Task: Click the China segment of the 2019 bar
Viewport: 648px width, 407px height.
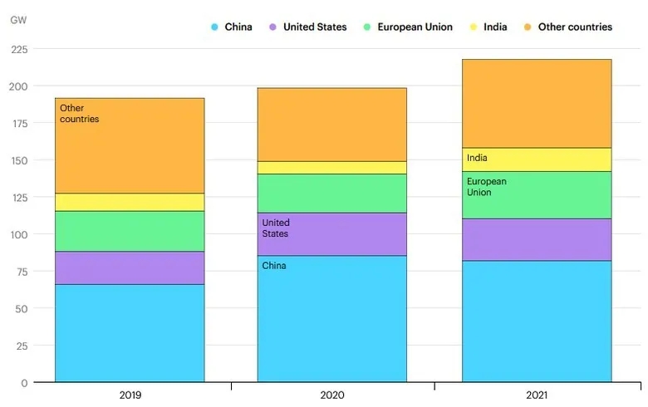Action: click(x=130, y=332)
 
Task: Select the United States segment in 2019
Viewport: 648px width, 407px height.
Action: click(x=130, y=267)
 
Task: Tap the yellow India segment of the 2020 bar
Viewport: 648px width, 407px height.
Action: click(x=332, y=168)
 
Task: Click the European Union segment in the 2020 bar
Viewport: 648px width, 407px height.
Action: click(x=332, y=193)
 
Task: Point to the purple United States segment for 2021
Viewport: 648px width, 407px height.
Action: click(x=537, y=239)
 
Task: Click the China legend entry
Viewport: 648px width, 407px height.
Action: click(x=232, y=27)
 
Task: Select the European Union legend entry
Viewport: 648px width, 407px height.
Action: click(x=408, y=27)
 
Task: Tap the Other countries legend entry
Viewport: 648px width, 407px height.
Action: click(x=568, y=27)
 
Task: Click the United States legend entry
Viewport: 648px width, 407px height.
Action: click(x=307, y=27)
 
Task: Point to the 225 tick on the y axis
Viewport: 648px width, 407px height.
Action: click(x=19, y=49)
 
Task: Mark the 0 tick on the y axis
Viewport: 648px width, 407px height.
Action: click(x=24, y=383)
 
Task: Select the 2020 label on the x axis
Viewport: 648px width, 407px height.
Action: click(x=332, y=395)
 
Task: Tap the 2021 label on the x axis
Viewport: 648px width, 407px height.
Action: click(x=536, y=395)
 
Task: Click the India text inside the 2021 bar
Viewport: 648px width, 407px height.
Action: click(x=477, y=158)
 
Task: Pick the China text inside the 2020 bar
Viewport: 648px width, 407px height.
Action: click(x=274, y=266)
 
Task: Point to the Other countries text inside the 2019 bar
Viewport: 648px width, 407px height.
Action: click(x=79, y=114)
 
